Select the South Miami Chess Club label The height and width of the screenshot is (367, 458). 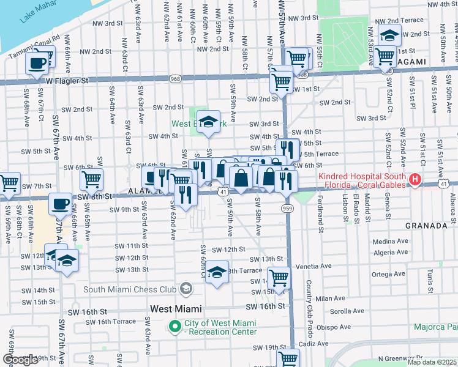[x=129, y=289]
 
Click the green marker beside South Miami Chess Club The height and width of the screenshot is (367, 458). [x=185, y=289]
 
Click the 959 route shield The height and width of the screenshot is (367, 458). [x=286, y=209]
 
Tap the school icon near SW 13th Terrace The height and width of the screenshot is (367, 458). [x=217, y=272]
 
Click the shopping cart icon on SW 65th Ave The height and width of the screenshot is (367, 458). [x=91, y=180]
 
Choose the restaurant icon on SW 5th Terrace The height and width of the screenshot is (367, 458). [x=287, y=150]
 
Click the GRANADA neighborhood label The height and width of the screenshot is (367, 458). [x=426, y=226]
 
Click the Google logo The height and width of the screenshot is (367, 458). [x=20, y=360]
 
